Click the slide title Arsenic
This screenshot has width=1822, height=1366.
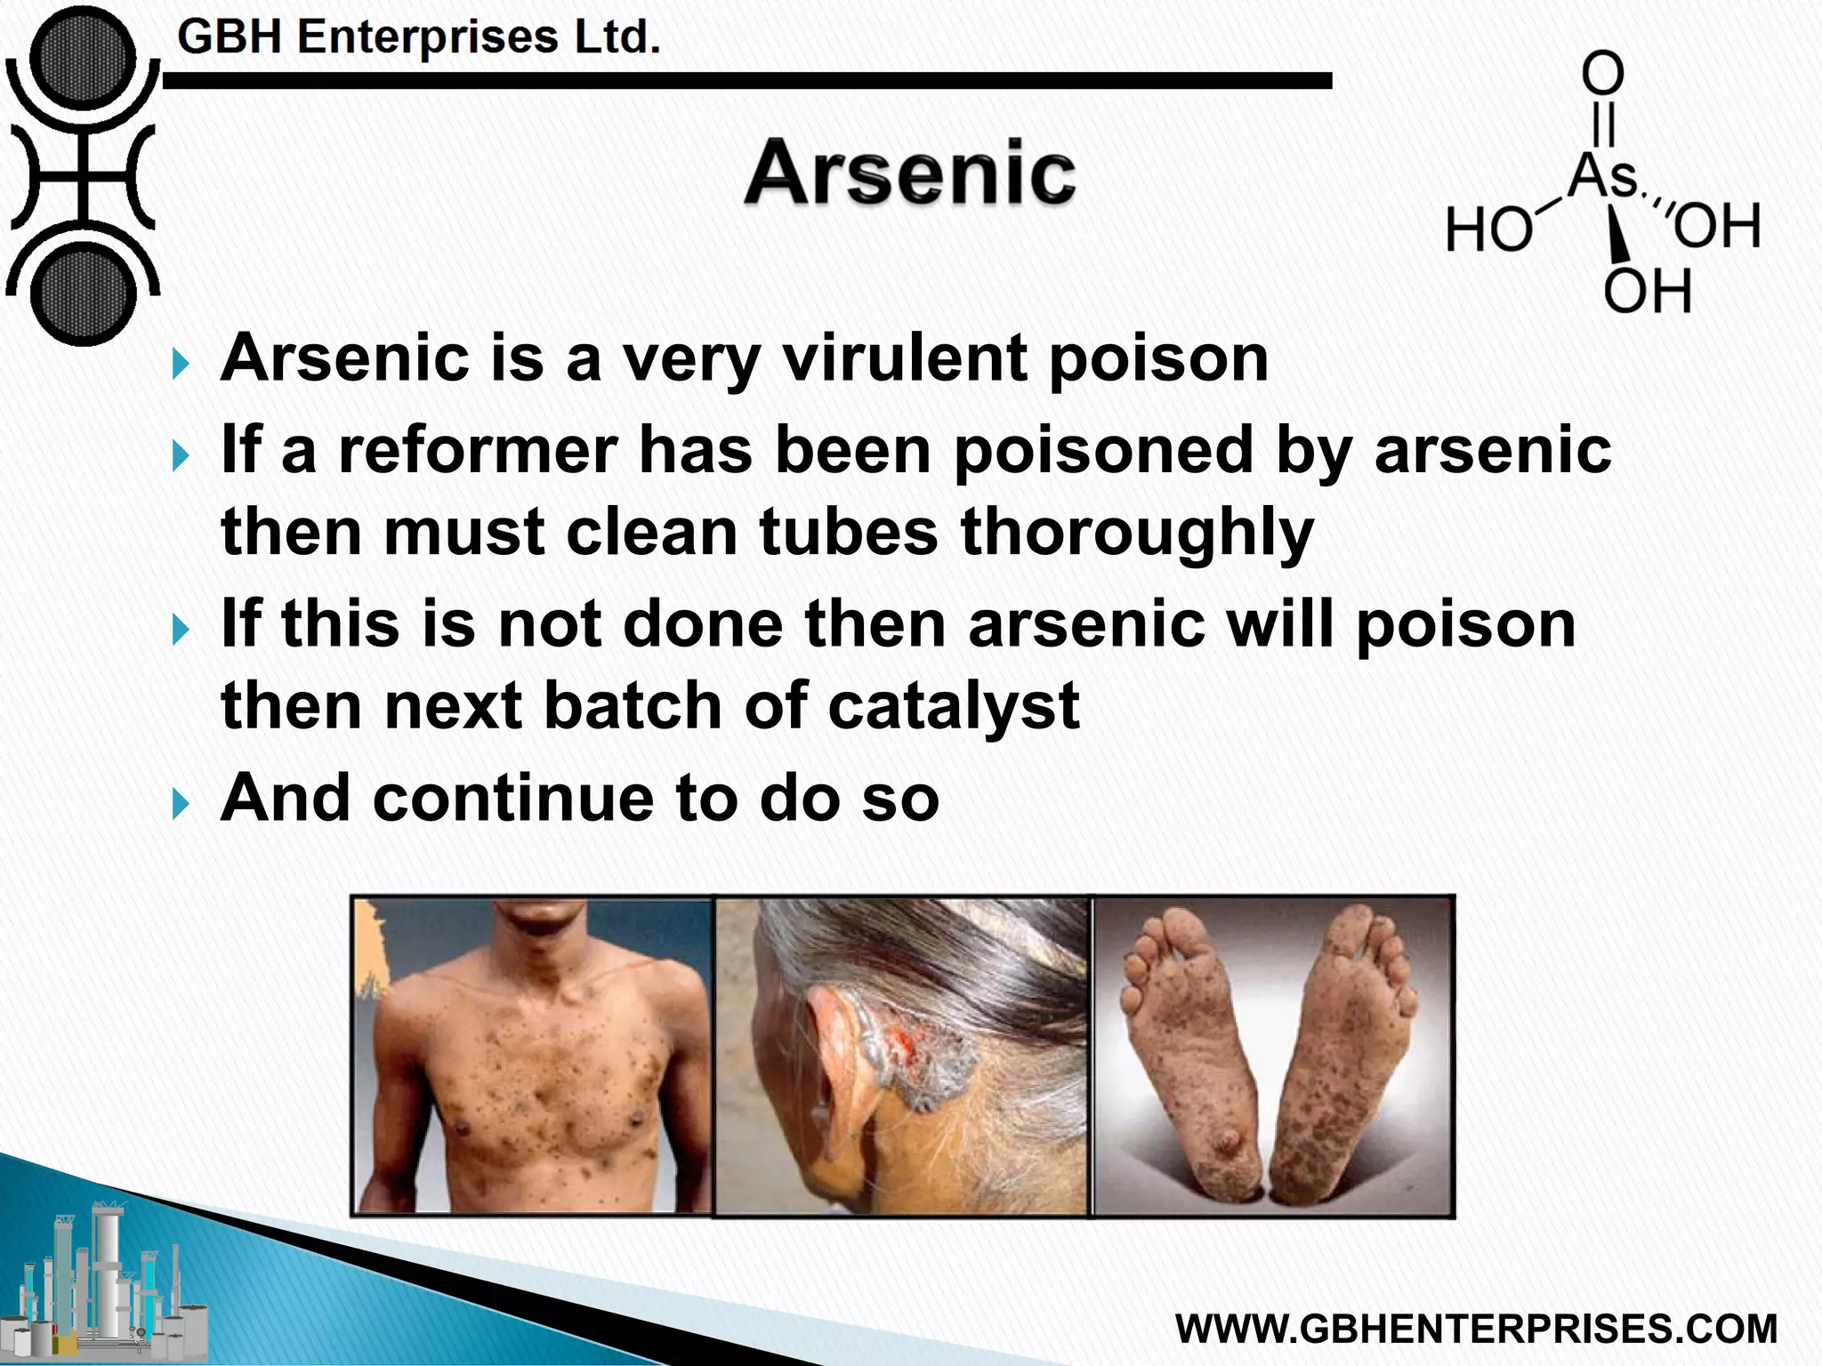point(909,173)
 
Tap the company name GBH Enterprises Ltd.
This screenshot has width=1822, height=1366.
point(418,37)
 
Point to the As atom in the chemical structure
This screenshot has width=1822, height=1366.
point(1602,175)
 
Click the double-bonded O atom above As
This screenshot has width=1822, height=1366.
point(1602,73)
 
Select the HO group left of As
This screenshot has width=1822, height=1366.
point(1488,229)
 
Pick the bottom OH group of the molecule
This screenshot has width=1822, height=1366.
point(1647,290)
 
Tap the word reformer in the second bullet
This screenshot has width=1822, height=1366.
point(477,450)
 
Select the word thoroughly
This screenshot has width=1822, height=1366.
point(1136,533)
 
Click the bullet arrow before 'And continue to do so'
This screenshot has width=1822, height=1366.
point(181,804)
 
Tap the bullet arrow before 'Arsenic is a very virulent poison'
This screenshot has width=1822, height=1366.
point(181,364)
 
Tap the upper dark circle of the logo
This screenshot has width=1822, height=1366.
point(82,60)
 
